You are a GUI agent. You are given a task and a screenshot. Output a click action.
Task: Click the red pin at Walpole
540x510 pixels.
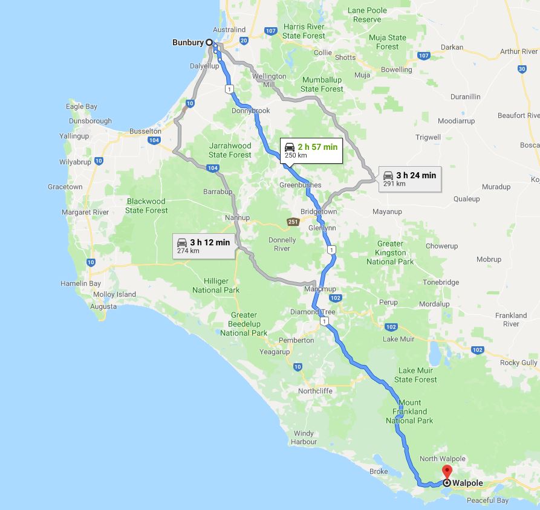tap(447, 471)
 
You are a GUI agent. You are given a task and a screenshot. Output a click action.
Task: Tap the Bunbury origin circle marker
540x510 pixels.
tap(209, 42)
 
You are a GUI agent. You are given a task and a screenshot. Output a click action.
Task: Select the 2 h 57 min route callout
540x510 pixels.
tap(311, 150)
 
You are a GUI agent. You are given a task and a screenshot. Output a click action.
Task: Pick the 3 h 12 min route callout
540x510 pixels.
tap(204, 245)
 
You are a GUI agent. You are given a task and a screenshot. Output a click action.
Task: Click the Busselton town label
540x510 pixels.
tap(145, 131)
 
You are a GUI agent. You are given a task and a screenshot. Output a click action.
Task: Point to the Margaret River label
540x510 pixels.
tap(85, 212)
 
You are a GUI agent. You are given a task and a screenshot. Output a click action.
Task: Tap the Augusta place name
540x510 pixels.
tap(103, 306)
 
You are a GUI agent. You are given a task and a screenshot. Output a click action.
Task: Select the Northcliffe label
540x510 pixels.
tap(315, 391)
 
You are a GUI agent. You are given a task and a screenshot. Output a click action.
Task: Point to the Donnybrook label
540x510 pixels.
tap(250, 111)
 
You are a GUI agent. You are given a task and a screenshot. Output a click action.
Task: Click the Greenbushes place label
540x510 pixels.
tap(301, 185)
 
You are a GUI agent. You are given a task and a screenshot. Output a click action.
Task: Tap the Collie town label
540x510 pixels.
tap(322, 53)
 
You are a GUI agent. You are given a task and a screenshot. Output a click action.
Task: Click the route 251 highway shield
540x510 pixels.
tap(293, 222)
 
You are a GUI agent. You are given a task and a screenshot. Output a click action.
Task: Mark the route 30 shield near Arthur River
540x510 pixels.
tap(522, 69)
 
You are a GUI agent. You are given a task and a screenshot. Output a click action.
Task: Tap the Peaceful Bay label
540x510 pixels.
tap(487, 500)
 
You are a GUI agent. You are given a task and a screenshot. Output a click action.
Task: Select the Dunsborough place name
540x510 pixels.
tap(90, 121)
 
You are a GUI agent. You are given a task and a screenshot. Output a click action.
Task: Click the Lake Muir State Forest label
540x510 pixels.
tap(415, 375)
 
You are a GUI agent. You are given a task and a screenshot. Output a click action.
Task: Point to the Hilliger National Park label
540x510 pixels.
tap(216, 285)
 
